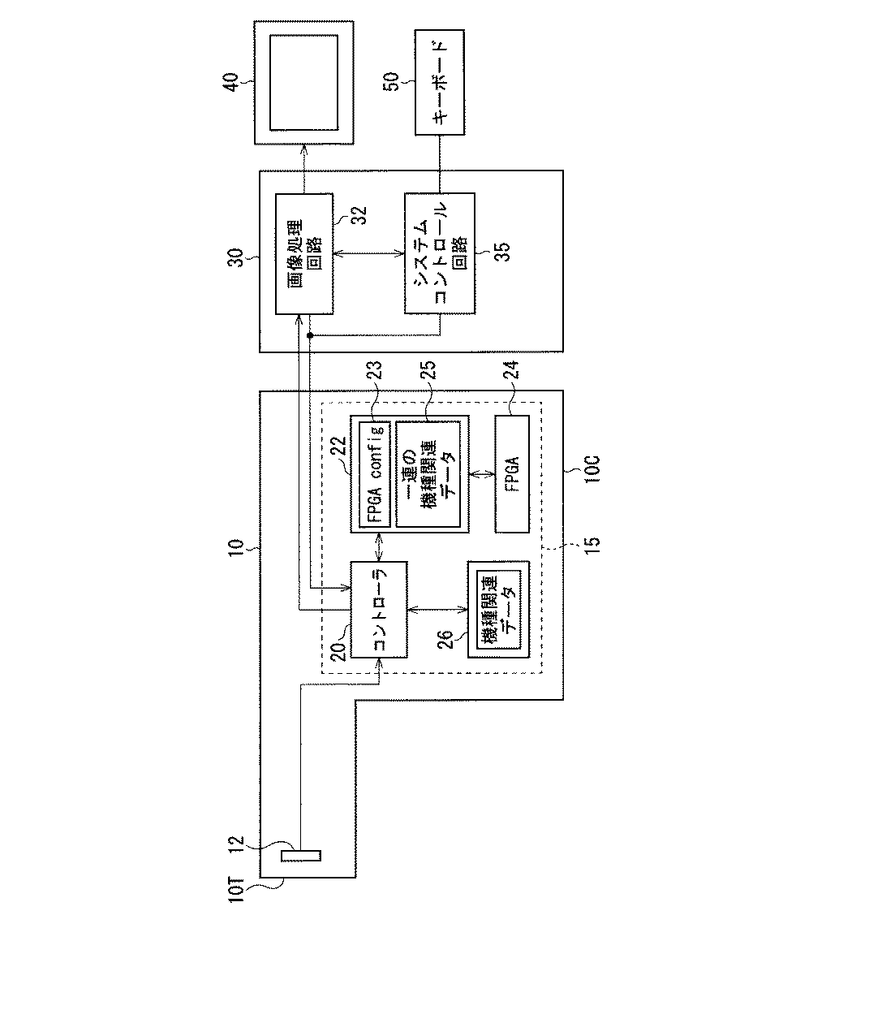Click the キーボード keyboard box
tap(440, 82)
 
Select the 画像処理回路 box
tap(304, 253)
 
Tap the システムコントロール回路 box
tap(439, 253)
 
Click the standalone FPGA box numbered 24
tap(512, 474)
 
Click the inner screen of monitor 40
tap(304, 82)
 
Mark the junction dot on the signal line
tap(311, 335)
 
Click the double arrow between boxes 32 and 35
tap(369, 254)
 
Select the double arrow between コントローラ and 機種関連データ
tap(437, 609)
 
